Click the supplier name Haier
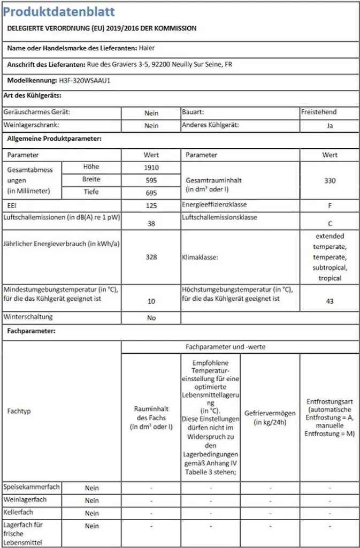coord(147,48)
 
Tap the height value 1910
coord(151,168)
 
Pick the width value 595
coord(151,180)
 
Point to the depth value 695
coord(151,192)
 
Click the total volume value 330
coord(330,180)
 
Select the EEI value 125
coord(151,205)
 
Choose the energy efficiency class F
coord(330,205)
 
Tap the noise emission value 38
coord(151,224)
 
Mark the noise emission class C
coord(330,224)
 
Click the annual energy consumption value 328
coord(151,257)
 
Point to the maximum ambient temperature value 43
coord(330,301)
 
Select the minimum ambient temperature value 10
coord(151,301)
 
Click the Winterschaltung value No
coord(151,318)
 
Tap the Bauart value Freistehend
coord(319,113)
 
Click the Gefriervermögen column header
coord(270,417)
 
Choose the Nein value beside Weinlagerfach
coord(92,500)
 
